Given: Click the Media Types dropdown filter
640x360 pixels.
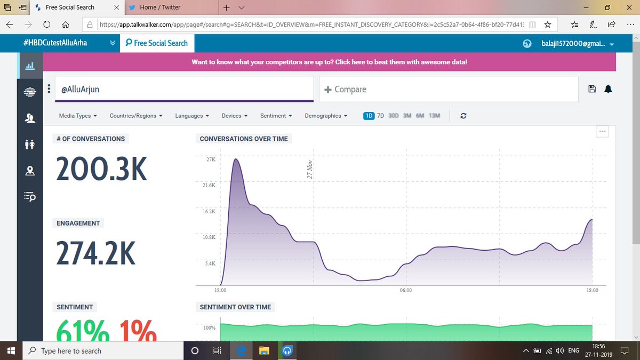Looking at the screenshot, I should [x=78, y=116].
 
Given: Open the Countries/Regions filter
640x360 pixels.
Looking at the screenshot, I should [x=135, y=116].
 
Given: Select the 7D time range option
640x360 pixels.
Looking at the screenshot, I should [x=380, y=116].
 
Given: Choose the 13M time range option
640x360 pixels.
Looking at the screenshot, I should [x=434, y=116].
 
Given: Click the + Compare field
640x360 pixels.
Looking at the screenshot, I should [x=448, y=89].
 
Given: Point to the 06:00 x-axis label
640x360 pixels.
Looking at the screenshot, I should [x=405, y=291].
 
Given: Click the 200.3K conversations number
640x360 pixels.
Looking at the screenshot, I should [x=101, y=170].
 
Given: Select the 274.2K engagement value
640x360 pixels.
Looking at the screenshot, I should [x=96, y=253].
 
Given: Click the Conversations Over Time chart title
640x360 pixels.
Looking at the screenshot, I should [x=244, y=139].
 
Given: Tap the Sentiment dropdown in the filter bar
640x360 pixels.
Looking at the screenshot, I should [x=276, y=116].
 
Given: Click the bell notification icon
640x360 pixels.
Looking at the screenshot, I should [x=608, y=89].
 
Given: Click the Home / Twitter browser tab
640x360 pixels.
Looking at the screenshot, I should [x=160, y=7].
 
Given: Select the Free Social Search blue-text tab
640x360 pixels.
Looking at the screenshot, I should [x=157, y=43].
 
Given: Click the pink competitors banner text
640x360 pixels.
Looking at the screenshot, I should [x=329, y=62].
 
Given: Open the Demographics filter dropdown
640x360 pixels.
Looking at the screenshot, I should [x=326, y=116].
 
